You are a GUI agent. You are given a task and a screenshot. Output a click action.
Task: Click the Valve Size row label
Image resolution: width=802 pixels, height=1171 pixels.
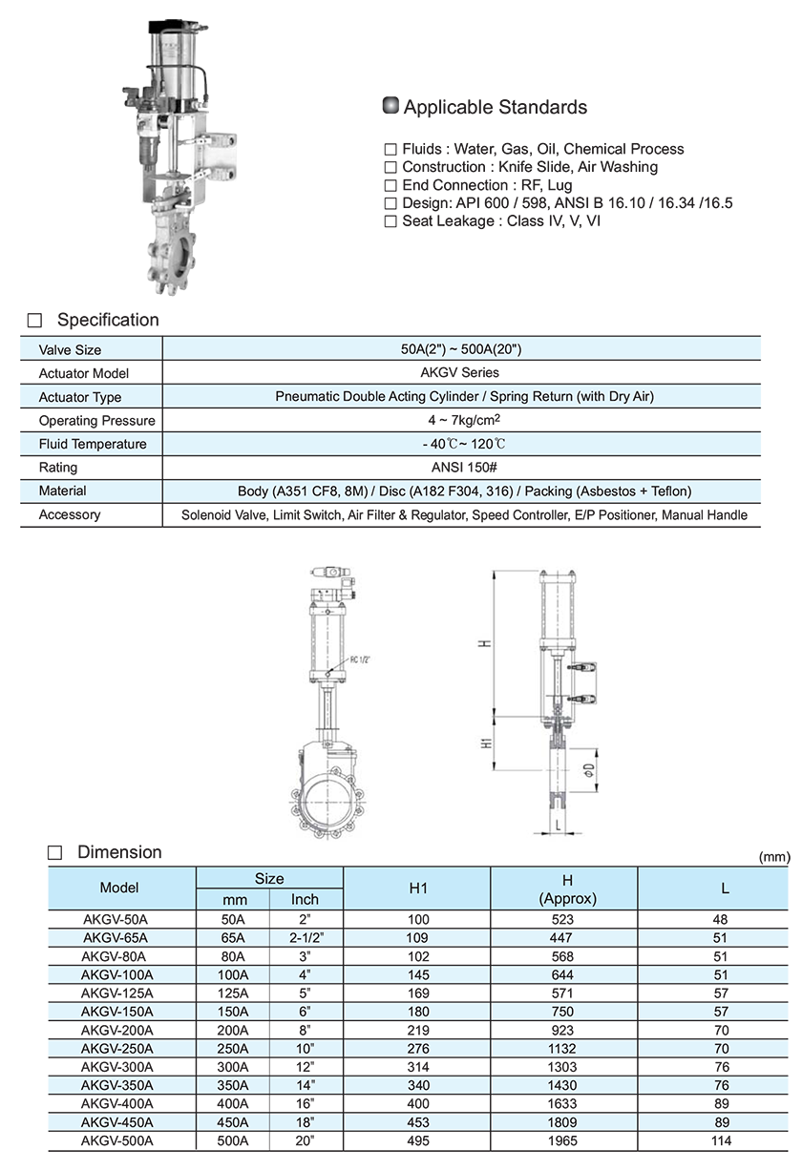[x=70, y=350]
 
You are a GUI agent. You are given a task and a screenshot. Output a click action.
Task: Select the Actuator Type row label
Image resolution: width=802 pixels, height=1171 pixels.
[x=80, y=397]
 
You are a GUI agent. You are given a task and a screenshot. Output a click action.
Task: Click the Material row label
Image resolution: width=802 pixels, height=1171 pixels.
[x=62, y=491]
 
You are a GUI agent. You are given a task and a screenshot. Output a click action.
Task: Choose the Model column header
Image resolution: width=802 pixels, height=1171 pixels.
[x=119, y=888]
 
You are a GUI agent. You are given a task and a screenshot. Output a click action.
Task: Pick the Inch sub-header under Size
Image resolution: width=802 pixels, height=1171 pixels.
[x=305, y=899]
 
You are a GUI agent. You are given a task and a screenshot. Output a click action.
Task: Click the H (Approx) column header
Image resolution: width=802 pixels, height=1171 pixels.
[x=567, y=889]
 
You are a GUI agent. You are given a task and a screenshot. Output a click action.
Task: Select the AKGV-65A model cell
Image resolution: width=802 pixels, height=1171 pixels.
[x=116, y=938]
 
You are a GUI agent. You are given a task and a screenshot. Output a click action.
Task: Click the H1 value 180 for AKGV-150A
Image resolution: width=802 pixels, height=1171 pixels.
[x=417, y=1012]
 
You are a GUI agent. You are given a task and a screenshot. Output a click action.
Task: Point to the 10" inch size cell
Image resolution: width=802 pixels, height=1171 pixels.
[x=305, y=1049]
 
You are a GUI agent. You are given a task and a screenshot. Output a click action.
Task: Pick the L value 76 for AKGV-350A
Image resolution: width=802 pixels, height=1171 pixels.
[x=721, y=1085]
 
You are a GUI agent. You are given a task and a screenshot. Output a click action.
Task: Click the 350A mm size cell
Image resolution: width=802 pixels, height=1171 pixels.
[x=234, y=1085]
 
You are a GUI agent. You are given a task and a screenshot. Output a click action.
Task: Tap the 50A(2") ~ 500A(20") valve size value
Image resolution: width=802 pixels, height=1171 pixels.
[x=461, y=350]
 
